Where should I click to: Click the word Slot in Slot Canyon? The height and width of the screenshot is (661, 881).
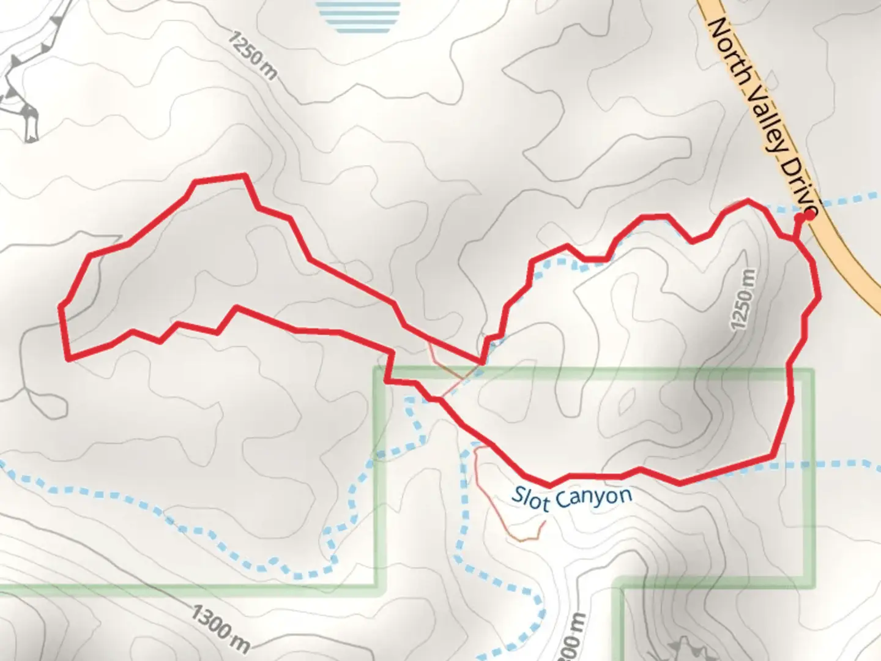tap(530, 498)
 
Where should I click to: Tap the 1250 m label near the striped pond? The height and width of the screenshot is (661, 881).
tap(253, 54)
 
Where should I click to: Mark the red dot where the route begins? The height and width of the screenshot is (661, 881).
tap(808, 215)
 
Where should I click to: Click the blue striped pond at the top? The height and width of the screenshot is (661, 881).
tap(359, 16)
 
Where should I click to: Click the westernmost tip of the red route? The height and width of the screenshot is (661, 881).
tap(61, 306)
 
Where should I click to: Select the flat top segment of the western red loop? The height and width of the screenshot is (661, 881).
tap(220, 178)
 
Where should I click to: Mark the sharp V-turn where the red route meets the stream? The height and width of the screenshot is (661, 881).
tap(482, 362)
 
